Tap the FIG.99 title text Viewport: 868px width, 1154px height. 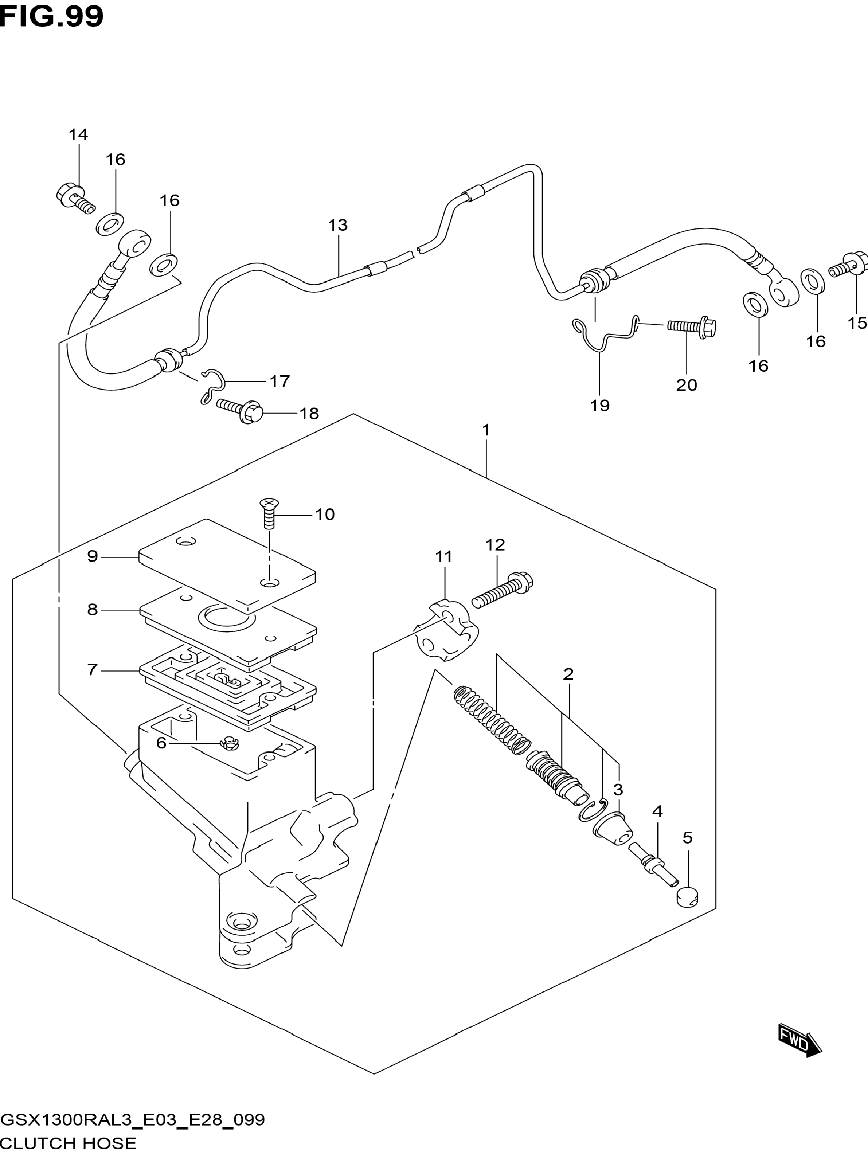(x=52, y=17)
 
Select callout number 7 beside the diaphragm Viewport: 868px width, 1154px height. (x=92, y=669)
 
